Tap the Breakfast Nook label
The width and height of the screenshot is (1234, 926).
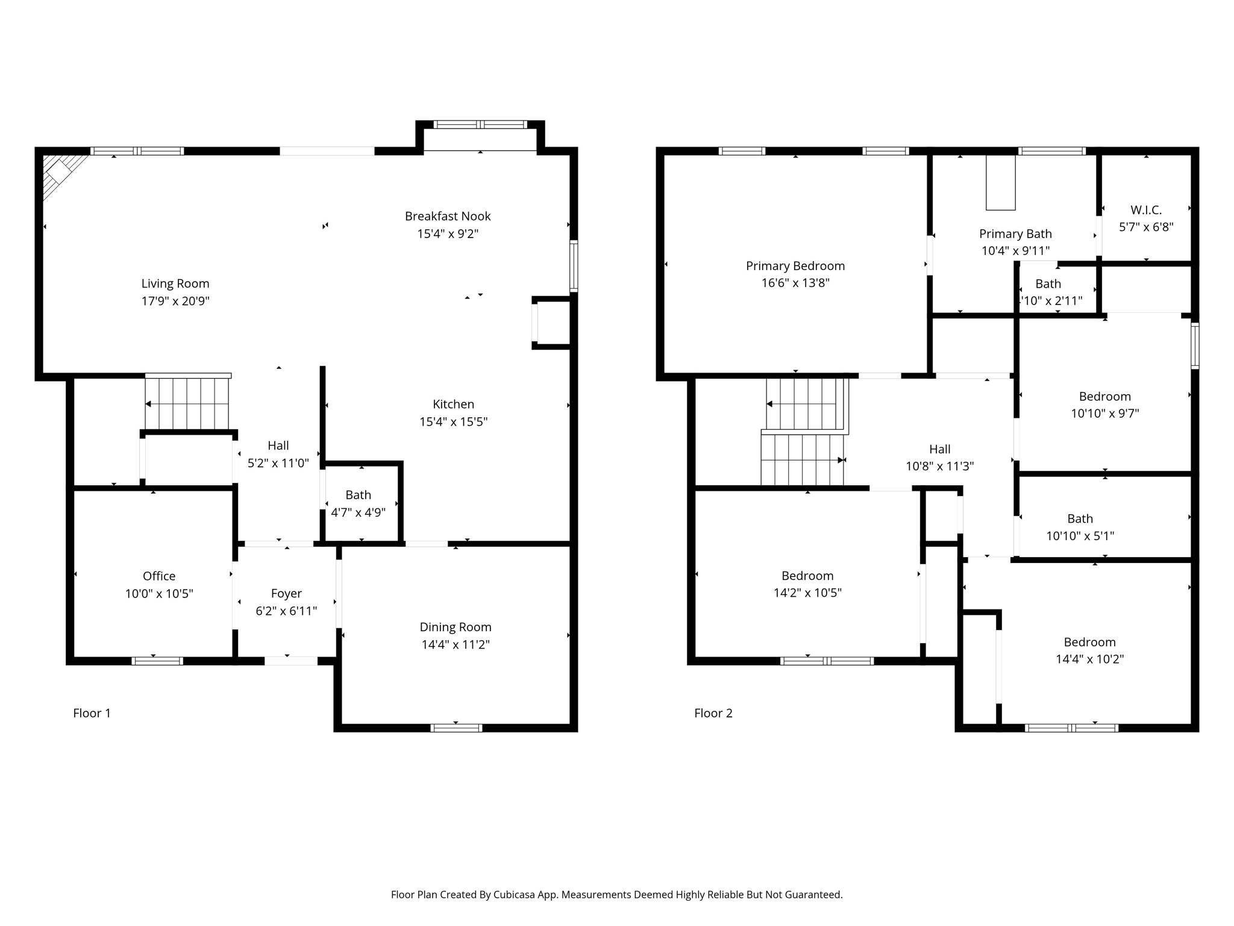[x=448, y=216]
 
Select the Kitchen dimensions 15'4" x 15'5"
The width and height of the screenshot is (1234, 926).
[x=453, y=421]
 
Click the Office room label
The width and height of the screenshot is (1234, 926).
[x=159, y=576]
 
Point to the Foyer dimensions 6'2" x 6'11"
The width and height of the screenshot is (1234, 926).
[x=286, y=611]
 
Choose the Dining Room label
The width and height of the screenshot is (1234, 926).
[x=456, y=627]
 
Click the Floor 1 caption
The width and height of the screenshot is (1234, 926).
[x=92, y=713]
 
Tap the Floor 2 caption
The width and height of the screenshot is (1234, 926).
[x=713, y=713]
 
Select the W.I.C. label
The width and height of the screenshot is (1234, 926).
[x=1145, y=210]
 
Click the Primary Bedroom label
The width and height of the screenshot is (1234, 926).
[x=795, y=266]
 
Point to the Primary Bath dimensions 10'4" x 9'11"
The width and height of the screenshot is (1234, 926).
[x=1015, y=251]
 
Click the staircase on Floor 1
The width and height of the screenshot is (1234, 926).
[x=187, y=403]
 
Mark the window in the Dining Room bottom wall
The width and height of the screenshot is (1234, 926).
[x=456, y=728]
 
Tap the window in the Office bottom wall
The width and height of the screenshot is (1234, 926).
[x=157, y=661]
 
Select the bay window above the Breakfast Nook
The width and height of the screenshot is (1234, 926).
[x=480, y=125]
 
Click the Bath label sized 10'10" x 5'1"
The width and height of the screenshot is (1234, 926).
[x=1080, y=518]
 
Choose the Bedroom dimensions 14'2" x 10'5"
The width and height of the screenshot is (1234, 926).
[x=807, y=593]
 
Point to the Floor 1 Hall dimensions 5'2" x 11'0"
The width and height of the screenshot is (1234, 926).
[x=278, y=463]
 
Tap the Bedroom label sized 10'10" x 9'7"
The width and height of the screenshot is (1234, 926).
[x=1104, y=396]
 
